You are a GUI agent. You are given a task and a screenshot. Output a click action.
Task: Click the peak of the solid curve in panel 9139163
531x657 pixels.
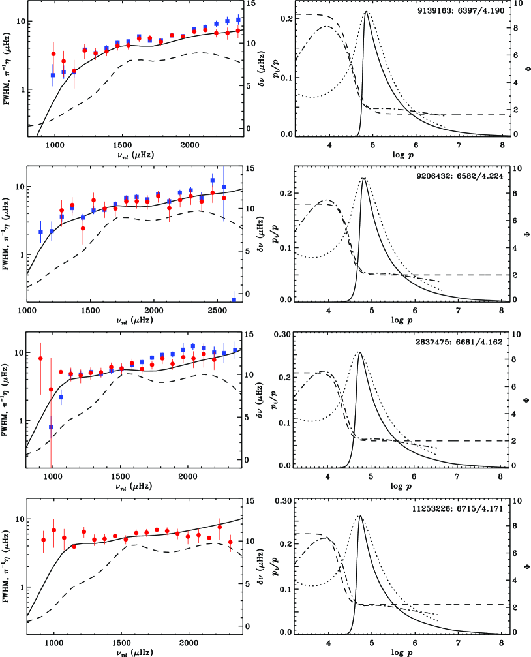pyautogui.click(x=367, y=12)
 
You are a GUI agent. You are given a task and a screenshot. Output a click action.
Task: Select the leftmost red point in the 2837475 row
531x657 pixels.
pyautogui.click(x=40, y=358)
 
